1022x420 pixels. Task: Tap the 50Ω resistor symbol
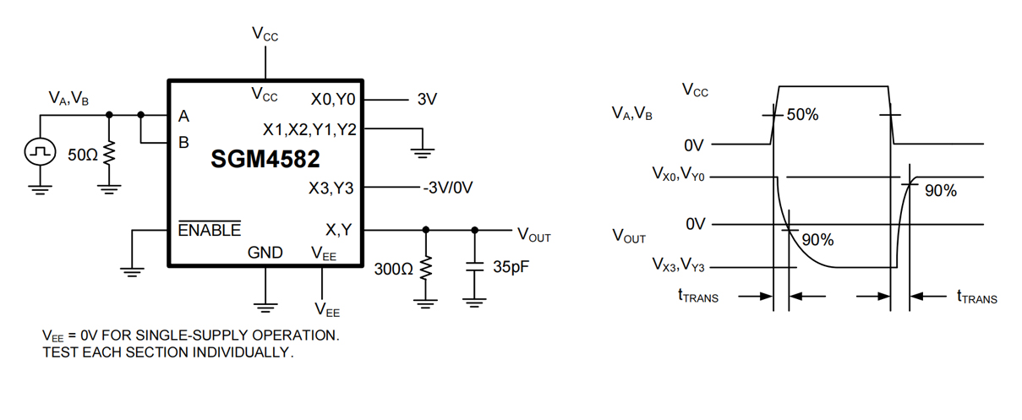coord(108,155)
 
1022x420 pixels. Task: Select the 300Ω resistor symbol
coord(425,269)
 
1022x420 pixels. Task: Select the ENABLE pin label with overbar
coord(209,230)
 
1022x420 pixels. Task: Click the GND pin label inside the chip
coord(265,252)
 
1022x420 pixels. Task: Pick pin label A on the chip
coord(183,116)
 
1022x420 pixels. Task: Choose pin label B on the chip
coord(183,143)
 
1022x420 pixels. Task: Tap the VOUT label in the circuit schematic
coord(533,236)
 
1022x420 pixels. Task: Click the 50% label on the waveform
coord(802,115)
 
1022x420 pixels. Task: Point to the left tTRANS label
coord(697,297)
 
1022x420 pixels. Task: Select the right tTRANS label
coord(976,297)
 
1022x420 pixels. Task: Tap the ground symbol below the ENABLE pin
coord(133,270)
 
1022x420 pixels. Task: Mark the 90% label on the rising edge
coord(940,192)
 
